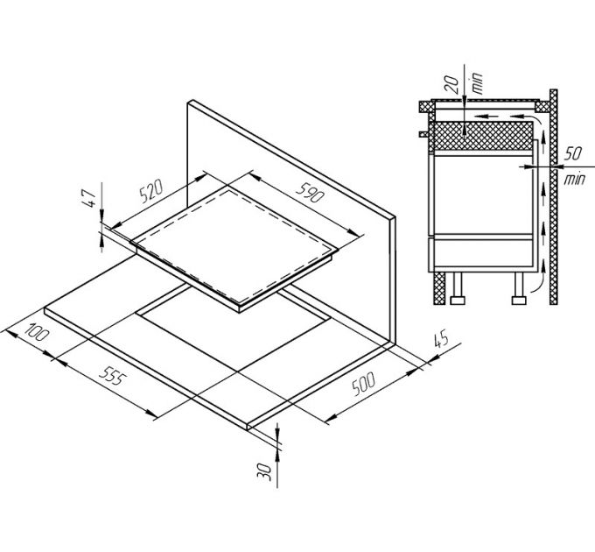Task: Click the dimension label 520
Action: point(151,191)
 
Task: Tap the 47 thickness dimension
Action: point(88,199)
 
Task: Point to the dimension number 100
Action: point(37,331)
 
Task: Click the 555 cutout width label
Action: point(112,376)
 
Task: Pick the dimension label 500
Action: point(363,384)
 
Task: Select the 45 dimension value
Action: point(441,340)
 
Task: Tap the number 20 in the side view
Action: point(451,84)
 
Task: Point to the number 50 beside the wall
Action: point(573,153)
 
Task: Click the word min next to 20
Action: point(477,83)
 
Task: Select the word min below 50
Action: point(575,179)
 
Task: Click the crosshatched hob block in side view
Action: point(483,136)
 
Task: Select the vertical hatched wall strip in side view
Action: point(554,197)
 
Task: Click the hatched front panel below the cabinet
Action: point(439,288)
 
